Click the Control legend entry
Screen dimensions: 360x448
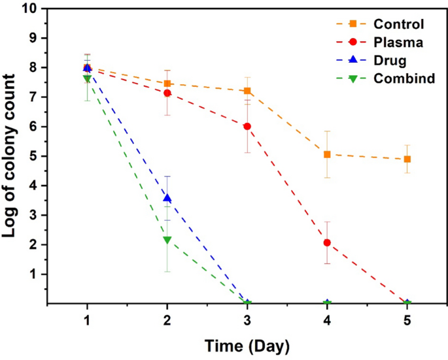[376, 25]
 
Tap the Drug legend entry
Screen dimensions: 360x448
[369, 61]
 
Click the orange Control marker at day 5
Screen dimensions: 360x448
[407, 159]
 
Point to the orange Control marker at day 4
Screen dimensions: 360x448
[327, 154]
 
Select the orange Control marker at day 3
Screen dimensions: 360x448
[247, 91]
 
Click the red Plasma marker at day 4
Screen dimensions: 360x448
[327, 242]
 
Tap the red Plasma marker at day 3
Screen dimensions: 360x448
[247, 126]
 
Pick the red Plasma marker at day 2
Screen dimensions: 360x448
[167, 93]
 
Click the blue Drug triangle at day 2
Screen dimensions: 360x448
[167, 198]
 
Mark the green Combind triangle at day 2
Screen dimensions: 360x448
[167, 240]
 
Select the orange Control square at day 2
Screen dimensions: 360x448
[167, 83]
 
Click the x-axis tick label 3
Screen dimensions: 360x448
[247, 318]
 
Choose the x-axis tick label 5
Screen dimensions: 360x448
[407, 318]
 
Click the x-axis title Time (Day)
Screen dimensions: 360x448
[247, 345]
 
